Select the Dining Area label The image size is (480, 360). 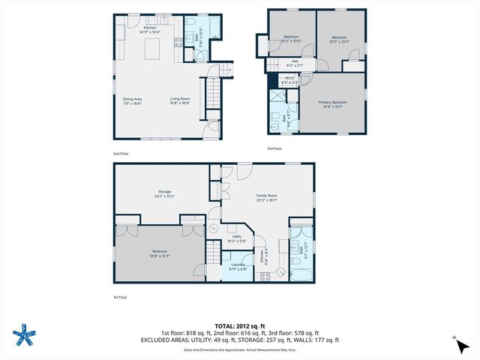(x=133, y=101)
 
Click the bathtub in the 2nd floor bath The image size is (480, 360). (x=211, y=28)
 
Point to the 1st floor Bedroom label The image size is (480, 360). (x=159, y=254)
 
